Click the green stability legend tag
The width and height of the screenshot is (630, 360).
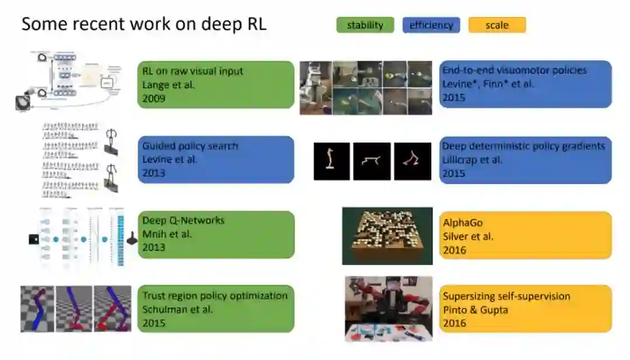(365, 25)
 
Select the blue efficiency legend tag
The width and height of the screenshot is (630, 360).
(431, 25)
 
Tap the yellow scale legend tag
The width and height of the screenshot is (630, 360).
(496, 25)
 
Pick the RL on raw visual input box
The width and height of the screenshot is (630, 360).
(216, 85)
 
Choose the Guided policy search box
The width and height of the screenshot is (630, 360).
(216, 159)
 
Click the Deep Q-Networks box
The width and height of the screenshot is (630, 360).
(216, 234)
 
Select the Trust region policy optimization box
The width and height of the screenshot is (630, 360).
(216, 309)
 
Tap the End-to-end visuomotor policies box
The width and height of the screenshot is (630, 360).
(525, 84)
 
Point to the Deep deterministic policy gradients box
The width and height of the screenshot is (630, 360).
(525, 159)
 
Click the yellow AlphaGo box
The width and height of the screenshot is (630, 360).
(525, 235)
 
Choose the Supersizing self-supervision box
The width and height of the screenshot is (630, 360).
(525, 309)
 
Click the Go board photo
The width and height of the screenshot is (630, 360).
(387, 235)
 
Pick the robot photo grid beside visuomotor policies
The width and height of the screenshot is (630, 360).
(366, 88)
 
